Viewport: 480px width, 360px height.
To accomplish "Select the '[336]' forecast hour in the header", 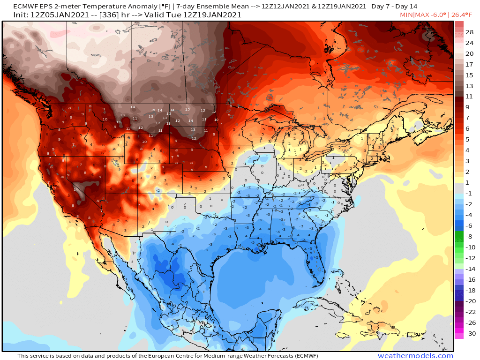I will click(x=106, y=15).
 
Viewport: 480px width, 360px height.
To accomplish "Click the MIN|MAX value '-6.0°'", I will click(x=435, y=15).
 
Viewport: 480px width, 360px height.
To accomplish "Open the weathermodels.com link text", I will click(x=415, y=356).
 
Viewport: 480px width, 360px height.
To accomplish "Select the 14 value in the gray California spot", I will click(x=76, y=189).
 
